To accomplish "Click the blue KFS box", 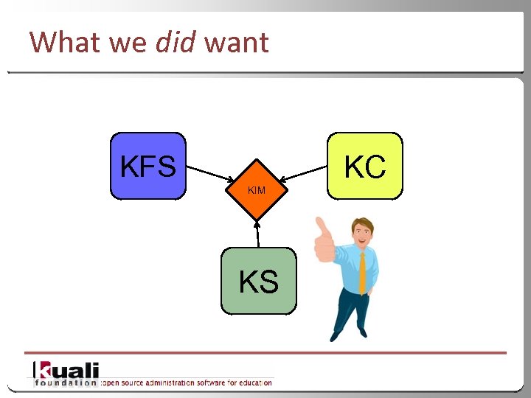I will coord(147,167).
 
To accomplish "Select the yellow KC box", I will coord(365,167).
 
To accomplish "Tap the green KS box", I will coord(259,281).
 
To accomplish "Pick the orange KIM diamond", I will coord(256,190).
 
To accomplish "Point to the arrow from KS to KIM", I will coord(258,233).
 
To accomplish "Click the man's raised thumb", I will coord(323,234).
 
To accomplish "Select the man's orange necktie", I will coord(362,271).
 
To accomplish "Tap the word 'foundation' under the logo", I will coord(66,383).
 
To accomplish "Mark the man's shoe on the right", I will coord(362,332).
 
